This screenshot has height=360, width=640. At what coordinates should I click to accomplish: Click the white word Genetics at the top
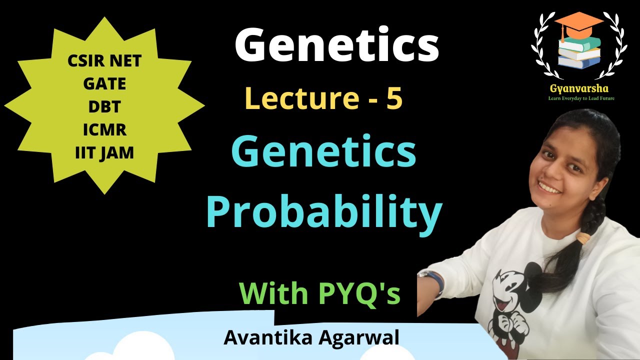336,45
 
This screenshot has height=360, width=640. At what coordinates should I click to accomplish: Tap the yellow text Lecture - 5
324,98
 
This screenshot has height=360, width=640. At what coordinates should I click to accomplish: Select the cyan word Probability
324,212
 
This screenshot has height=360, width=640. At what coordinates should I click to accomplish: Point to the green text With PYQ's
320,293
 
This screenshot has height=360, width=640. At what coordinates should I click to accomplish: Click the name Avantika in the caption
265,337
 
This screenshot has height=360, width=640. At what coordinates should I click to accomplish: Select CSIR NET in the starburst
104,61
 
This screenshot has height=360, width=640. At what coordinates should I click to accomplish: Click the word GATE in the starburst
104,84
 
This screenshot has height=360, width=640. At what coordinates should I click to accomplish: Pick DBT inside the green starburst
104,107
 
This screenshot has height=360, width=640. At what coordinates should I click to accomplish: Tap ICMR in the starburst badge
104,130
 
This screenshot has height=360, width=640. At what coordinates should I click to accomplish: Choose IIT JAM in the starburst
104,152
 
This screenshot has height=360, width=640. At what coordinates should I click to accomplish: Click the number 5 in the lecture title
394,98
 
